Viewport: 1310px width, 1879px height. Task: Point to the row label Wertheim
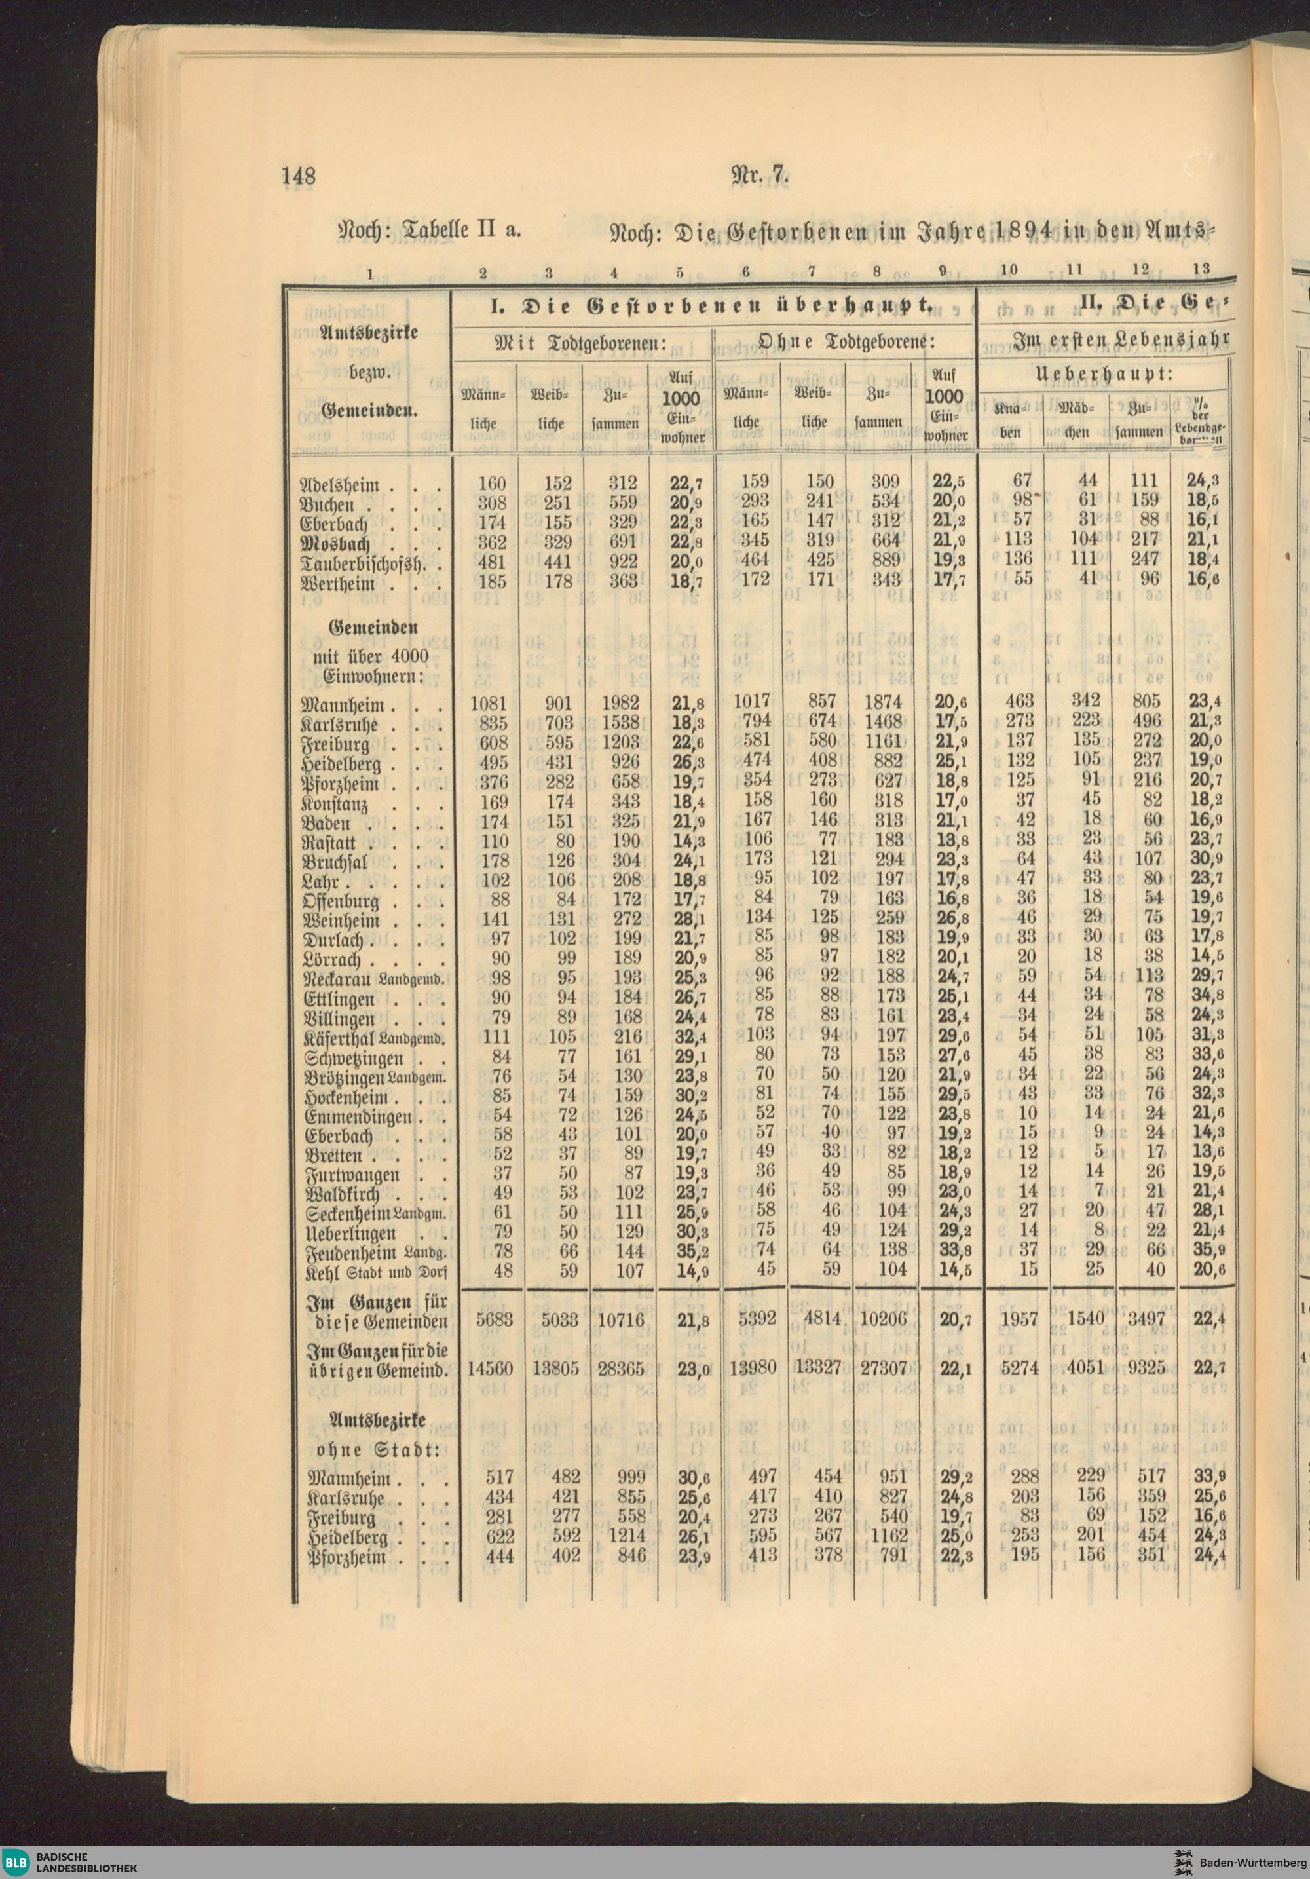coord(339,584)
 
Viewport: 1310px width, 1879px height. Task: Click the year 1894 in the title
coord(1020,231)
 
